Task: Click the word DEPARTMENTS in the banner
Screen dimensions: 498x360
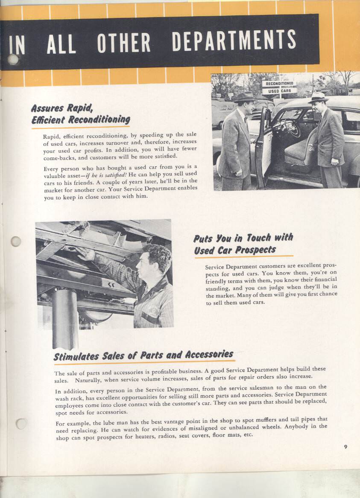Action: pyautogui.click(x=234, y=41)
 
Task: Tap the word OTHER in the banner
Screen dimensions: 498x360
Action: pyautogui.click(x=124, y=43)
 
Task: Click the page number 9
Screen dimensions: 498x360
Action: pyautogui.click(x=345, y=447)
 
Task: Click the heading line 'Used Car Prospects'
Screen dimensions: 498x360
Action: pyautogui.click(x=235, y=250)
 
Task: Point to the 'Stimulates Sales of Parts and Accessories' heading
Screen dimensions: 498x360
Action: pyautogui.click(x=143, y=355)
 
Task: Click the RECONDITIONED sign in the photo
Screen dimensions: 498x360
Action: pyautogui.click(x=279, y=84)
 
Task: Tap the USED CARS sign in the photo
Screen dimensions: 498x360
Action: pyautogui.click(x=279, y=91)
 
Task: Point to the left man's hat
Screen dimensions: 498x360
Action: pyautogui.click(x=246, y=97)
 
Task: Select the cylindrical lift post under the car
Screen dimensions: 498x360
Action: pyautogui.click(x=64, y=318)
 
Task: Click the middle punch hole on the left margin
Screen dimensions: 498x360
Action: pyautogui.click(x=16, y=241)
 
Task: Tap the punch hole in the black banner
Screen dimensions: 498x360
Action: pyautogui.click(x=13, y=59)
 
